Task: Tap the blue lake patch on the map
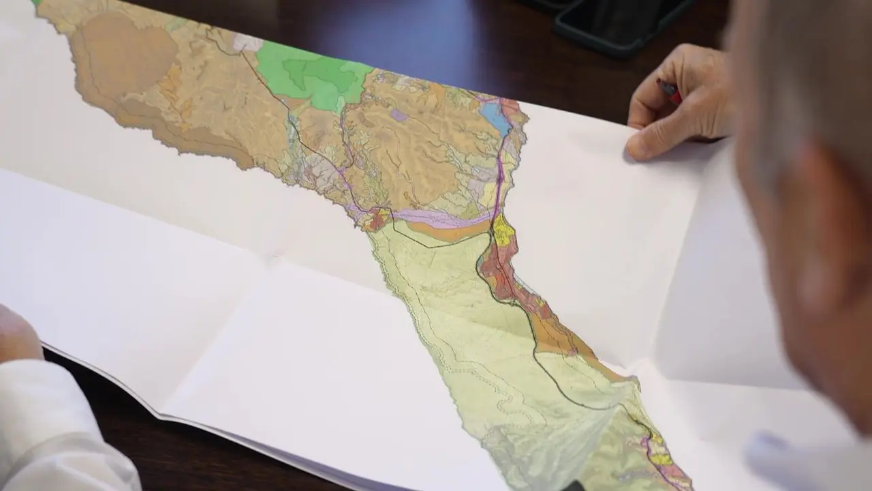pos(495,118)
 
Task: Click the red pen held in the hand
pos(670,91)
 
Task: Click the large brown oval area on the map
pos(126,55)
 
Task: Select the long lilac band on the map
pos(443,218)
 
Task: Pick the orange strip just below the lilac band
pos(450,233)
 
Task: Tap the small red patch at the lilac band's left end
pos(375,220)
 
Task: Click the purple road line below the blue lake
pos(502,170)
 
